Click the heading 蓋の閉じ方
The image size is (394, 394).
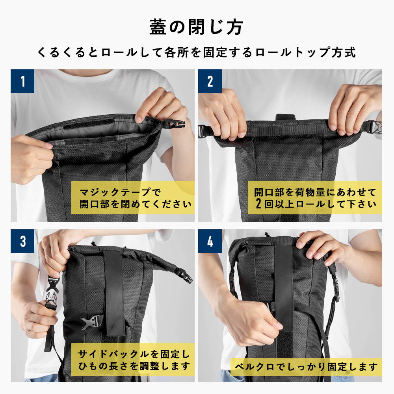click(196, 27)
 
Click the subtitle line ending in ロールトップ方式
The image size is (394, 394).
click(197, 52)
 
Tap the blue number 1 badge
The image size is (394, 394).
click(22, 81)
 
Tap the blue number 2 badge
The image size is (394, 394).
click(210, 81)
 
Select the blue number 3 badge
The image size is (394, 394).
click(22, 241)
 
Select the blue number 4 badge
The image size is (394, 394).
click(210, 241)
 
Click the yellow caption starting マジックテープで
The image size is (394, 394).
click(133, 198)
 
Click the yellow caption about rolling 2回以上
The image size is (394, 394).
click(315, 198)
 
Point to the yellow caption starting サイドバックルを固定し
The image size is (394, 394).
click(133, 360)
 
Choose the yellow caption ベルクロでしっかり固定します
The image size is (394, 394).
click(306, 367)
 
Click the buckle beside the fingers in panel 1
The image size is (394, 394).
click(176, 123)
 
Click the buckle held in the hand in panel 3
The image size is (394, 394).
click(52, 292)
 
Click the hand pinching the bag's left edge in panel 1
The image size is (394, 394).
click(32, 158)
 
